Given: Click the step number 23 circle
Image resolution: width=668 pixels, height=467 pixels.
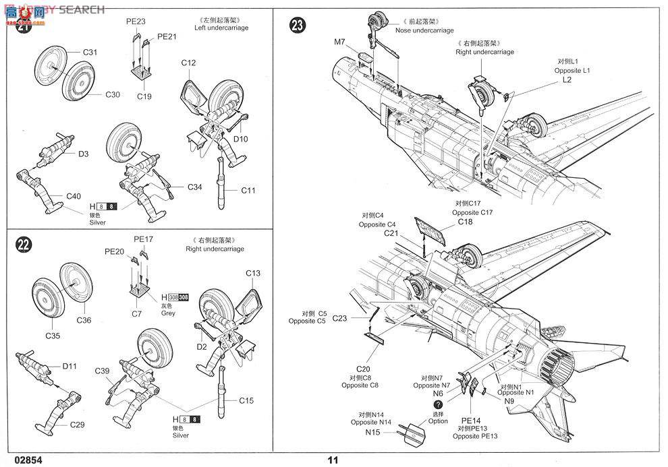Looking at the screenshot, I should (298, 26).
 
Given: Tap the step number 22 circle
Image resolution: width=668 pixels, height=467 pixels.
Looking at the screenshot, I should (24, 246).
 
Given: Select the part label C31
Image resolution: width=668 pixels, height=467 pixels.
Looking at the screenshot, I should (90, 52).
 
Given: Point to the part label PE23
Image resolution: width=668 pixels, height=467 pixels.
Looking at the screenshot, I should (136, 22).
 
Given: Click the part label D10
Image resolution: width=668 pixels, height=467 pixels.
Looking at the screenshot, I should (241, 139).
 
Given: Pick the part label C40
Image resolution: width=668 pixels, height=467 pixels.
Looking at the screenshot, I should (74, 196).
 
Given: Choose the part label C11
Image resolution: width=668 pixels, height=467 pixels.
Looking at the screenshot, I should (248, 191).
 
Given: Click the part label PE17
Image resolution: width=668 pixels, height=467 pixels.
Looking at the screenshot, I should (144, 239).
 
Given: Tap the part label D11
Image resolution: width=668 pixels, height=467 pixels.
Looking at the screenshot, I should (70, 366).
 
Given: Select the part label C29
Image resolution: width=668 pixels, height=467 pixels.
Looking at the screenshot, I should (78, 425).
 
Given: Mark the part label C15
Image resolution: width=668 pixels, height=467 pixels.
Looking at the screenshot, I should (246, 400).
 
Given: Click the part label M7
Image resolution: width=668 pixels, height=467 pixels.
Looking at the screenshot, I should (339, 42).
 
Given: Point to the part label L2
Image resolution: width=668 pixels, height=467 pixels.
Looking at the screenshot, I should (567, 80).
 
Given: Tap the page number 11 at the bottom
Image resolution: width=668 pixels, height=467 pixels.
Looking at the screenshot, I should (332, 460).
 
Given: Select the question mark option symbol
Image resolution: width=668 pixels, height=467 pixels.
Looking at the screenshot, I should (438, 404).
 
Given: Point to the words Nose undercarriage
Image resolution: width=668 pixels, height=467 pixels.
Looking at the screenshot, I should (424, 30).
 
